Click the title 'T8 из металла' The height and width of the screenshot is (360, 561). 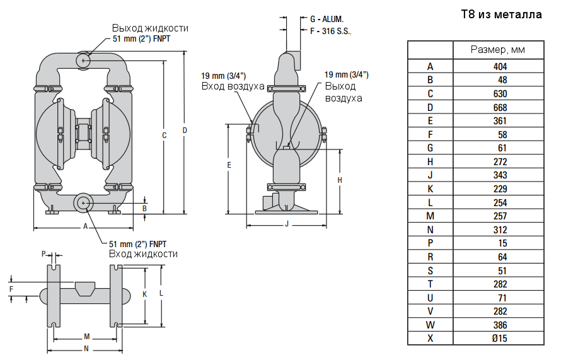click(x=502, y=15)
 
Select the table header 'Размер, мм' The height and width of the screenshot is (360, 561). click(x=498, y=50)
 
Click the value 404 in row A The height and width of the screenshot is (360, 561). click(x=499, y=66)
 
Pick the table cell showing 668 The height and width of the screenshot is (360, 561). click(x=499, y=107)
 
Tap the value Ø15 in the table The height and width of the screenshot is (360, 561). click(x=499, y=339)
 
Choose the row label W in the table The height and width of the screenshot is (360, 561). click(x=430, y=325)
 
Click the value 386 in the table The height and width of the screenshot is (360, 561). click(x=499, y=325)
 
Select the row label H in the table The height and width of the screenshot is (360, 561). click(x=430, y=161)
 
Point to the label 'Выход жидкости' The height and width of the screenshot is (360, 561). click(x=150, y=28)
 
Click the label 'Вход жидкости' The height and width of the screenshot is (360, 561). click(x=143, y=253)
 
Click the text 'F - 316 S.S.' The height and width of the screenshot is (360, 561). click(x=330, y=30)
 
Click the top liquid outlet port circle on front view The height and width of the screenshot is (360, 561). click(x=83, y=60)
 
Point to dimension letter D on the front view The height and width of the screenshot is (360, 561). click(x=185, y=130)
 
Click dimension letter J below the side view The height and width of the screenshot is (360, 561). click(x=286, y=224)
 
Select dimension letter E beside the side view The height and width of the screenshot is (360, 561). click(x=229, y=165)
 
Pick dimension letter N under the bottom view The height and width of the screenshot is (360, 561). click(x=86, y=348)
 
